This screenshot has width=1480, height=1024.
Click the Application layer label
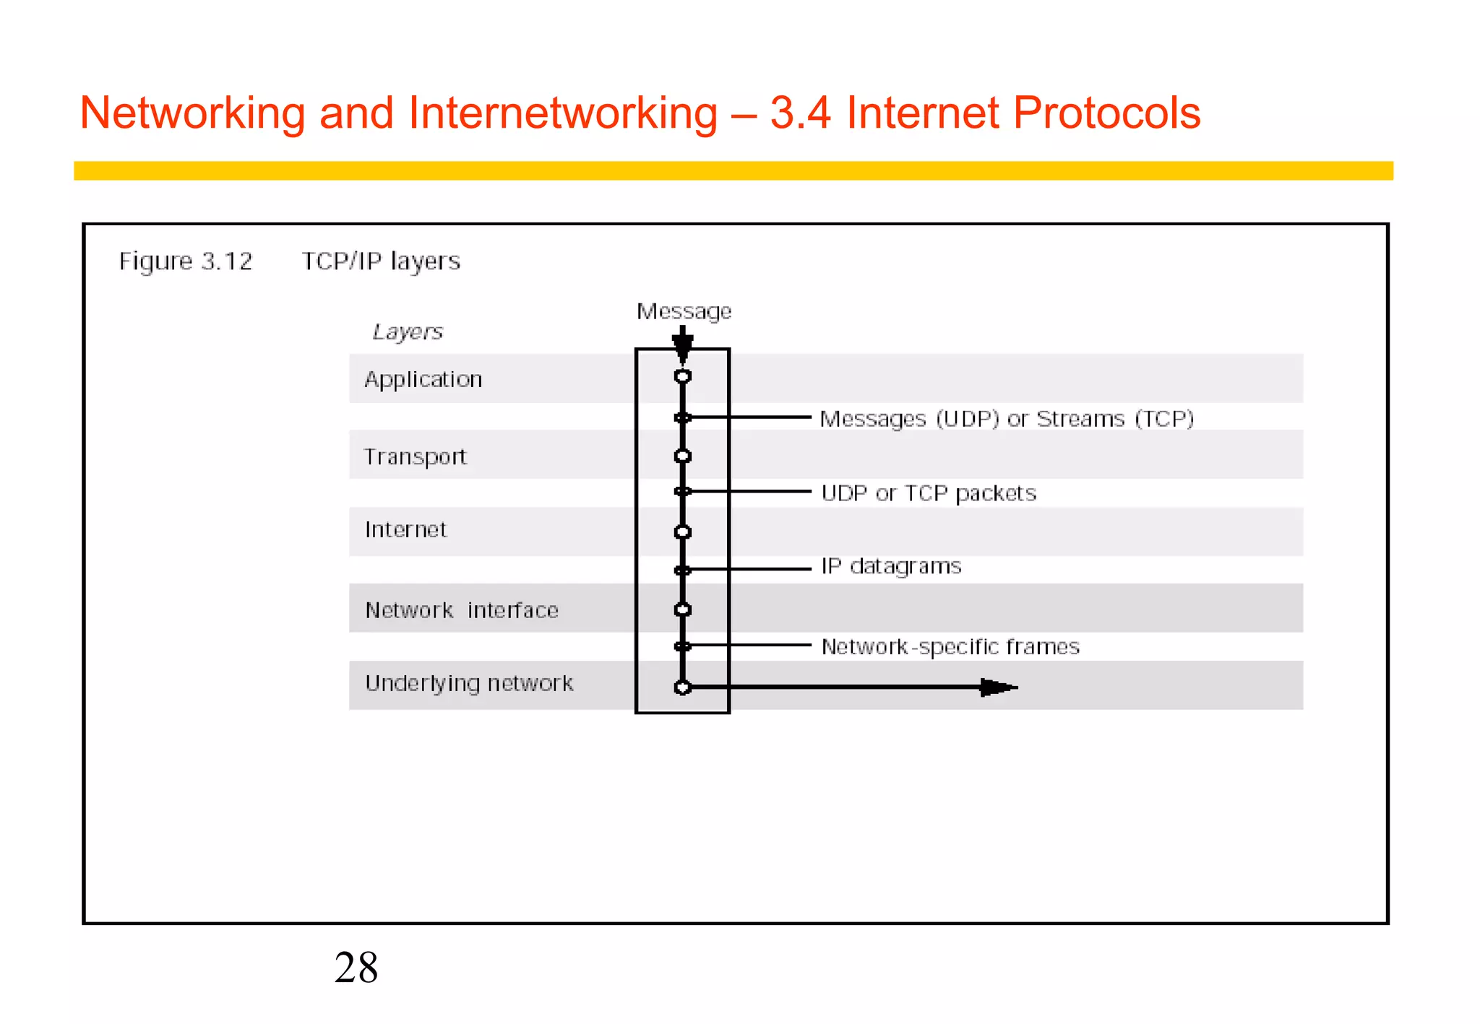click(423, 380)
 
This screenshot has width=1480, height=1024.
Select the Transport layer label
click(415, 457)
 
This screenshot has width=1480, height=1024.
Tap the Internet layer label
click(405, 530)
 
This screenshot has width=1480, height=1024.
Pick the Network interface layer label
click(462, 610)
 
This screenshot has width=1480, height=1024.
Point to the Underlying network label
click(469, 683)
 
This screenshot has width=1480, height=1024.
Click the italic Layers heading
click(408, 332)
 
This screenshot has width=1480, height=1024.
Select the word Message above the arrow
click(684, 311)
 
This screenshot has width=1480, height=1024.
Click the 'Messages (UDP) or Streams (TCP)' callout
click(1007, 419)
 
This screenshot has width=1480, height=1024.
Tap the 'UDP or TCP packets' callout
click(929, 493)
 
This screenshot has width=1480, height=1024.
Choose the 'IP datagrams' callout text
click(891, 566)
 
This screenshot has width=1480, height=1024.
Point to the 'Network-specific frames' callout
click(950, 646)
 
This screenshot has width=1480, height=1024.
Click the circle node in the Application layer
click(683, 376)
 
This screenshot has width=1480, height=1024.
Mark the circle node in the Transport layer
click(683, 456)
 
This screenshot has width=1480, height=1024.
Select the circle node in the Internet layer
click(683, 532)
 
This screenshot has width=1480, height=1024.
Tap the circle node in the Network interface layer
click(683, 609)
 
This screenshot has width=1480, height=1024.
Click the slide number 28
click(356, 968)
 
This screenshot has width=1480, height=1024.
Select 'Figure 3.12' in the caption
click(186, 261)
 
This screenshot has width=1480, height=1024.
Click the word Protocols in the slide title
click(1106, 113)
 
